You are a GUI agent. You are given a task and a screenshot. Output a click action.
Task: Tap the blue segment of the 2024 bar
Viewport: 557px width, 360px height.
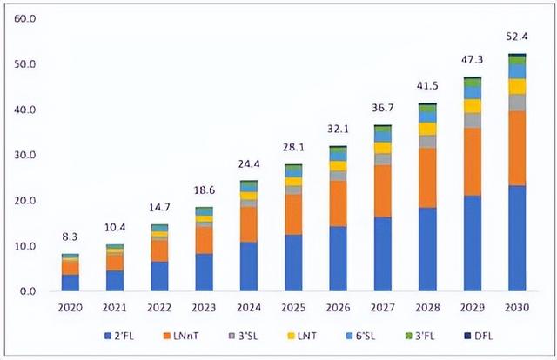click(248, 267)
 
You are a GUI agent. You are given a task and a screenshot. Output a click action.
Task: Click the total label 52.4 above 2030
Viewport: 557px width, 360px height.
click(517, 37)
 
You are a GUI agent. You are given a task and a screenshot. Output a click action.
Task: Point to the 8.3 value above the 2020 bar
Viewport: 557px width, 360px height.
click(70, 236)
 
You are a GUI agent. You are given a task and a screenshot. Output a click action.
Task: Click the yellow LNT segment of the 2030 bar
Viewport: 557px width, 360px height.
click(517, 86)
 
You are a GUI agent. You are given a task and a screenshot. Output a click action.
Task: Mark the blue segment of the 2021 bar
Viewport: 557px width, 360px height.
click(115, 281)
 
